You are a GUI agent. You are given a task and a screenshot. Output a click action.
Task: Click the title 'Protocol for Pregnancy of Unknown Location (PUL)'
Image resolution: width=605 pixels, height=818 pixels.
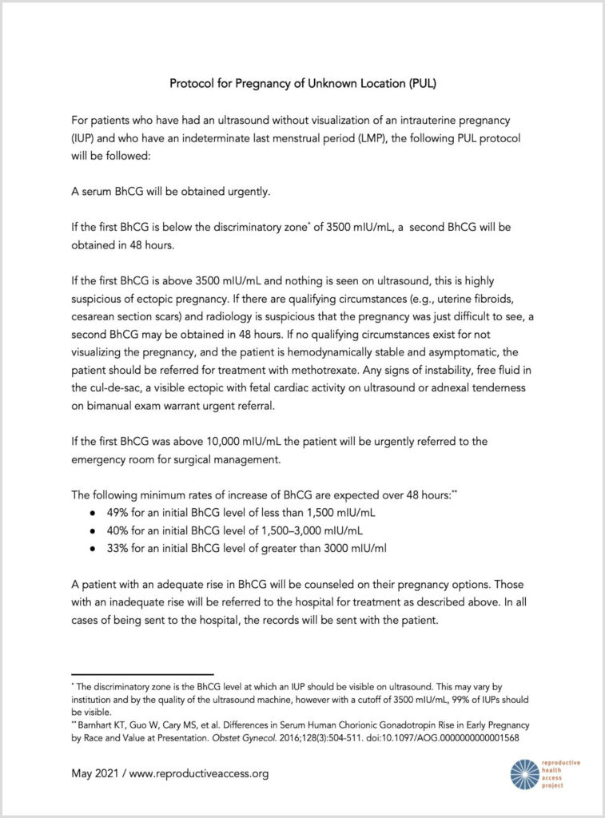pos(302,82)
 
